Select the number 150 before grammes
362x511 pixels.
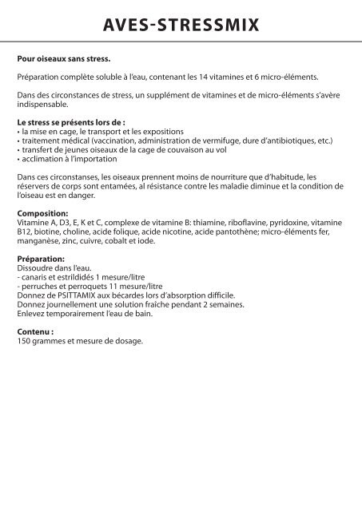click(24, 342)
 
